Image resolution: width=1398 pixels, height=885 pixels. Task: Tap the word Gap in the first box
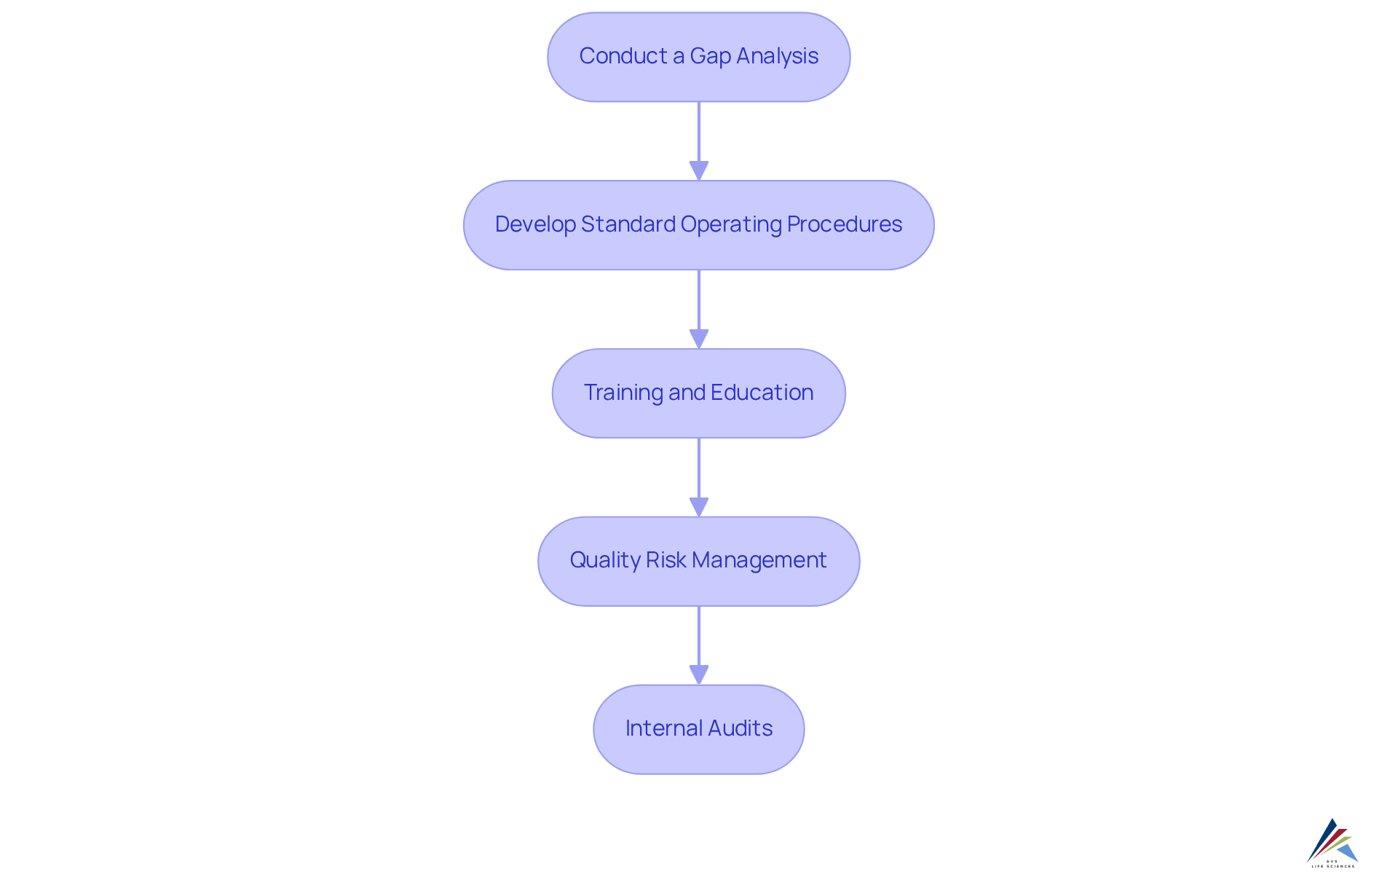coord(710,56)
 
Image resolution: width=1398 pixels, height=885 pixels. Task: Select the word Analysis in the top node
coord(777,56)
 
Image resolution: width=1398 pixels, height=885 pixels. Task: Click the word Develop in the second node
coord(535,224)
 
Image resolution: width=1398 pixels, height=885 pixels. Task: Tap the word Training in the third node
coord(623,393)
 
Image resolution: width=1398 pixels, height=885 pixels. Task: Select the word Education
coord(762,393)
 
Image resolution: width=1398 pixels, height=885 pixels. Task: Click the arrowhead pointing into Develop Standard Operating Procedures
coord(699,170)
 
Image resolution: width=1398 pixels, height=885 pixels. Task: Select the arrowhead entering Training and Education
coord(699,339)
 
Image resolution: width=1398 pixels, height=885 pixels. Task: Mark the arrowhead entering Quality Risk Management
coord(699,507)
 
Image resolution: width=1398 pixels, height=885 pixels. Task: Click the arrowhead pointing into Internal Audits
coord(699,674)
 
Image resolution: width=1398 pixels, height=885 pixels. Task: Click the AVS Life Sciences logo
coord(1332,843)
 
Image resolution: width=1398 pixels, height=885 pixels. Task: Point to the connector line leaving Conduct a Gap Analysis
coord(699,131)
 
